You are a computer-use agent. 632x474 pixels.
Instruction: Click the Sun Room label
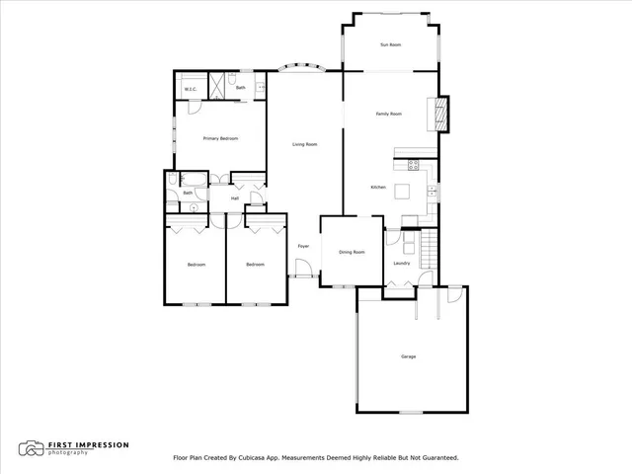(390, 45)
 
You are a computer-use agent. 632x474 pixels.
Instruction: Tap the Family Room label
(389, 115)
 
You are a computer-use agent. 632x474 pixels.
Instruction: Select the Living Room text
(304, 145)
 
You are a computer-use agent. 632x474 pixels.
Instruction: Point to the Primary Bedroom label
(221, 138)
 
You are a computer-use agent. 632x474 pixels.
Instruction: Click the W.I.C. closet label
(191, 90)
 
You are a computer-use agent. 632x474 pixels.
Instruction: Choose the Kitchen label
(378, 188)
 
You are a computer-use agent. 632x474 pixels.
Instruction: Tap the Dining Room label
(353, 252)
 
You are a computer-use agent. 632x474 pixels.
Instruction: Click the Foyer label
(304, 245)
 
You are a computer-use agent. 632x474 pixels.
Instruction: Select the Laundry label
(401, 263)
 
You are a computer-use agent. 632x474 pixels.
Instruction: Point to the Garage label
(408, 355)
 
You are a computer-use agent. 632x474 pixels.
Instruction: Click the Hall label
(235, 198)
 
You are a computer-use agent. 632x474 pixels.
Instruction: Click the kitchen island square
(403, 191)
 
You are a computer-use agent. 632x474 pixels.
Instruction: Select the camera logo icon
(33, 448)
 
